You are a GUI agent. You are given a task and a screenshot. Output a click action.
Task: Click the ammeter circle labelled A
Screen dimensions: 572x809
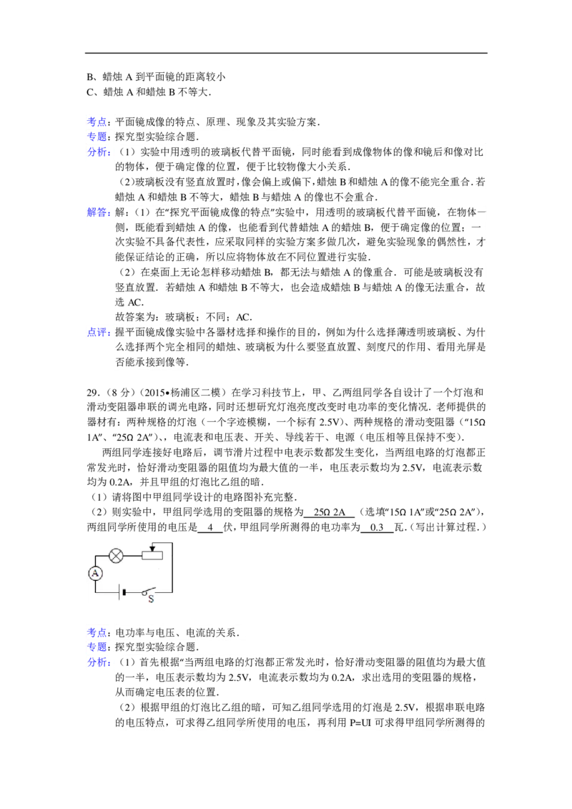click(x=95, y=573)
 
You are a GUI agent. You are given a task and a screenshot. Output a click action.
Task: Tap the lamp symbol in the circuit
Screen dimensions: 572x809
click(x=117, y=556)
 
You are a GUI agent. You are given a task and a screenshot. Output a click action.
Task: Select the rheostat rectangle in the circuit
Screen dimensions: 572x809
click(x=152, y=556)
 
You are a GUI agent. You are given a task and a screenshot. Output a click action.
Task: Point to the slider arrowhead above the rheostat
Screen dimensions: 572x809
click(x=152, y=549)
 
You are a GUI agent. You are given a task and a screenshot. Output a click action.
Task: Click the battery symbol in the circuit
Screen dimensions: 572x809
click(x=122, y=592)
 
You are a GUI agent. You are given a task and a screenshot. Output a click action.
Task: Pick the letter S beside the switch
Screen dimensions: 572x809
click(x=151, y=599)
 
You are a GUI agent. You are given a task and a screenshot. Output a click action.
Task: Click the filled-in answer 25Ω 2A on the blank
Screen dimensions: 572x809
click(x=329, y=512)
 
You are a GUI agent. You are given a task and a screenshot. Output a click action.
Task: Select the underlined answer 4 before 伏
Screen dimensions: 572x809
click(x=210, y=527)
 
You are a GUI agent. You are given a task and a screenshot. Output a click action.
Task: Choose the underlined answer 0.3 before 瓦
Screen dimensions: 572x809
click(x=377, y=527)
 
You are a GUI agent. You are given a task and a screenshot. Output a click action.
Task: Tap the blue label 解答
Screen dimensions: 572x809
click(x=99, y=212)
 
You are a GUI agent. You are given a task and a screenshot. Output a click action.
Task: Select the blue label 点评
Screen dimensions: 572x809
click(x=99, y=333)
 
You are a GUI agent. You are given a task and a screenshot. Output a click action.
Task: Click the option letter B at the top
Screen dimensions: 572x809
click(x=90, y=77)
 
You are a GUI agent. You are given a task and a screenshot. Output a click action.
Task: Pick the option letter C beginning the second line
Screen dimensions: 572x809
click(x=90, y=92)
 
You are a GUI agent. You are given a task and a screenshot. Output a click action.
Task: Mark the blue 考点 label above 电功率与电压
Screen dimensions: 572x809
click(x=99, y=632)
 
